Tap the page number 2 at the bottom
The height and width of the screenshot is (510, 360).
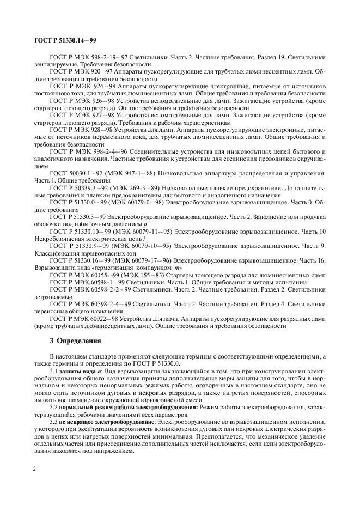click(x=35, y=482)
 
